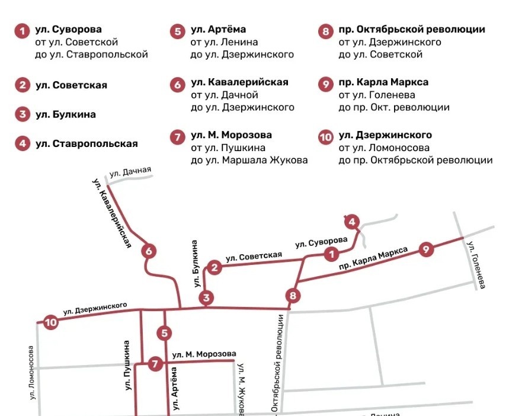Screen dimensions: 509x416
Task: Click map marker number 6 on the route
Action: pyautogui.click(x=149, y=251)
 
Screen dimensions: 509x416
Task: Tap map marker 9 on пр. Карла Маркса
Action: pyautogui.click(x=425, y=249)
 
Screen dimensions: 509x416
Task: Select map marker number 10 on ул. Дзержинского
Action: pyautogui.click(x=51, y=323)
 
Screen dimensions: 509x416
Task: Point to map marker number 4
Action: pyautogui.click(x=352, y=222)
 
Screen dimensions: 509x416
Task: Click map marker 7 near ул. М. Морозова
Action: pyautogui.click(x=155, y=364)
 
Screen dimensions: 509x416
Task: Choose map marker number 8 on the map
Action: pyautogui.click(x=292, y=295)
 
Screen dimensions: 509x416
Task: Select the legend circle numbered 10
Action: pyautogui.click(x=326, y=137)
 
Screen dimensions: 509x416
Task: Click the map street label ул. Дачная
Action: pyautogui.click(x=130, y=173)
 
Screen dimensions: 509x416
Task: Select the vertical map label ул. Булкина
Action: pyautogui.click(x=195, y=264)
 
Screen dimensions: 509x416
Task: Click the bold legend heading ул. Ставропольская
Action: pyautogui.click(x=87, y=143)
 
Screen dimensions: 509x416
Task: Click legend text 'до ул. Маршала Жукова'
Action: pyautogui.click(x=249, y=160)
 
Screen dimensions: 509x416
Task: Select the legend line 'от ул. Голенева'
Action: pyautogui.click(x=377, y=95)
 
